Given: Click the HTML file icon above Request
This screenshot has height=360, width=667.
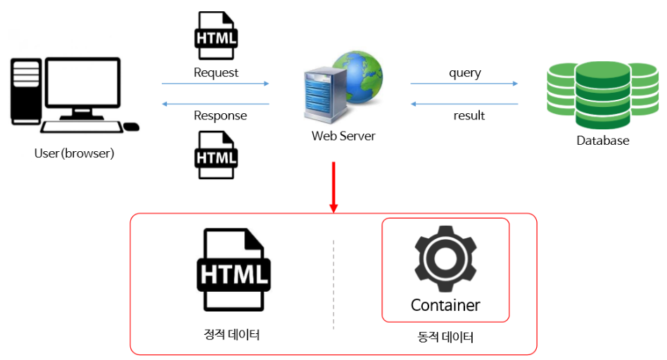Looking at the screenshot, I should click(x=215, y=36).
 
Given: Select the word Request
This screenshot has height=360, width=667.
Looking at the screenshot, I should click(x=216, y=72).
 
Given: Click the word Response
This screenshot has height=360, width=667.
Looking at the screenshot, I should click(x=220, y=115).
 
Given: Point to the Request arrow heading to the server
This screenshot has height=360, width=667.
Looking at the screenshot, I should click(x=215, y=84).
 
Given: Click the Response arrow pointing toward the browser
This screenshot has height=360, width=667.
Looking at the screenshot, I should click(x=215, y=104).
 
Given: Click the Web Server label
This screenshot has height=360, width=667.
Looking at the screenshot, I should click(x=343, y=136).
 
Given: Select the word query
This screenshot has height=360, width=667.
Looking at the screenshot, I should click(x=464, y=72).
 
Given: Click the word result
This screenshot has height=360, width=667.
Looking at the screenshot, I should click(x=469, y=115).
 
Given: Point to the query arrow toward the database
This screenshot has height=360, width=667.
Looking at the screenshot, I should click(x=464, y=84).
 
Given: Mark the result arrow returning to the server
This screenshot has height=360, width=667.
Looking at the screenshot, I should click(x=464, y=104).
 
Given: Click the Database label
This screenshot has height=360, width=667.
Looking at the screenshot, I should click(x=603, y=140).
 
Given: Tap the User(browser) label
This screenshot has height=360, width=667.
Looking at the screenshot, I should click(x=74, y=153).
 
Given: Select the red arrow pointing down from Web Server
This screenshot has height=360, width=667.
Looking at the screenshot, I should click(x=333, y=186).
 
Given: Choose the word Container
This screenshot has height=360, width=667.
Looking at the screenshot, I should click(x=445, y=305).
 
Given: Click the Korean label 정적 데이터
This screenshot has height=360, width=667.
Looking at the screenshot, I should click(x=232, y=334).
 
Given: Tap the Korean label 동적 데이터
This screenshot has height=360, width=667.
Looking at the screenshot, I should click(x=445, y=337).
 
